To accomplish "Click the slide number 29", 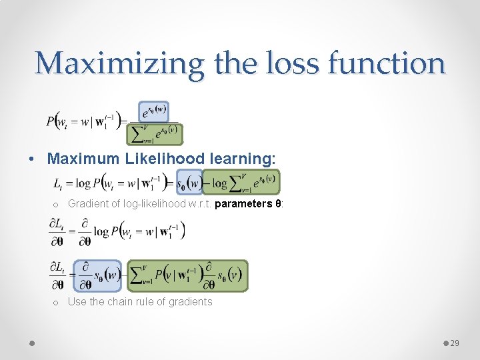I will pos(455,343).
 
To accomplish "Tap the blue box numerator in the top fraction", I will pos(154,111).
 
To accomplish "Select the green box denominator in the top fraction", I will pos(155,134).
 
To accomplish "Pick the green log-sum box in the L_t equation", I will pos(241,181).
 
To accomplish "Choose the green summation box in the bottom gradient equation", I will pos(187,275).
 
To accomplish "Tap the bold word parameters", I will pos(244,203).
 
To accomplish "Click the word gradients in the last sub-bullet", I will pos(191,301).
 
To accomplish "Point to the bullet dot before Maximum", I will pos(31,159).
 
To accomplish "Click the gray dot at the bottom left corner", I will pos(32,343).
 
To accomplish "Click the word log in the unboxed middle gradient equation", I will pos(102,231).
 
